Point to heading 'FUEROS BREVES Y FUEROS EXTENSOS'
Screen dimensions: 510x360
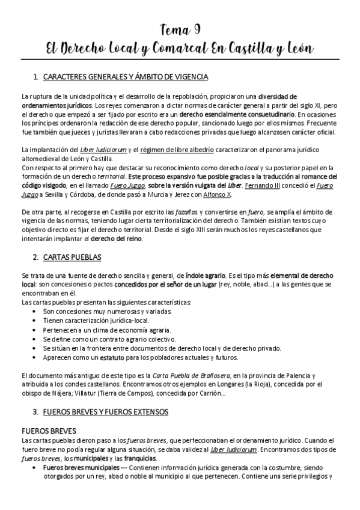pyautogui.click(x=106, y=412)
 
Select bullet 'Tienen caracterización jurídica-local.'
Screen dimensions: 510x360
pyautogui.click(x=96, y=321)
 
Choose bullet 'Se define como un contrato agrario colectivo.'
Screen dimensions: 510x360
pyautogui.click(x=108, y=339)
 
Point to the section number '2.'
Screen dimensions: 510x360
pyautogui.click(x=37, y=257)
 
